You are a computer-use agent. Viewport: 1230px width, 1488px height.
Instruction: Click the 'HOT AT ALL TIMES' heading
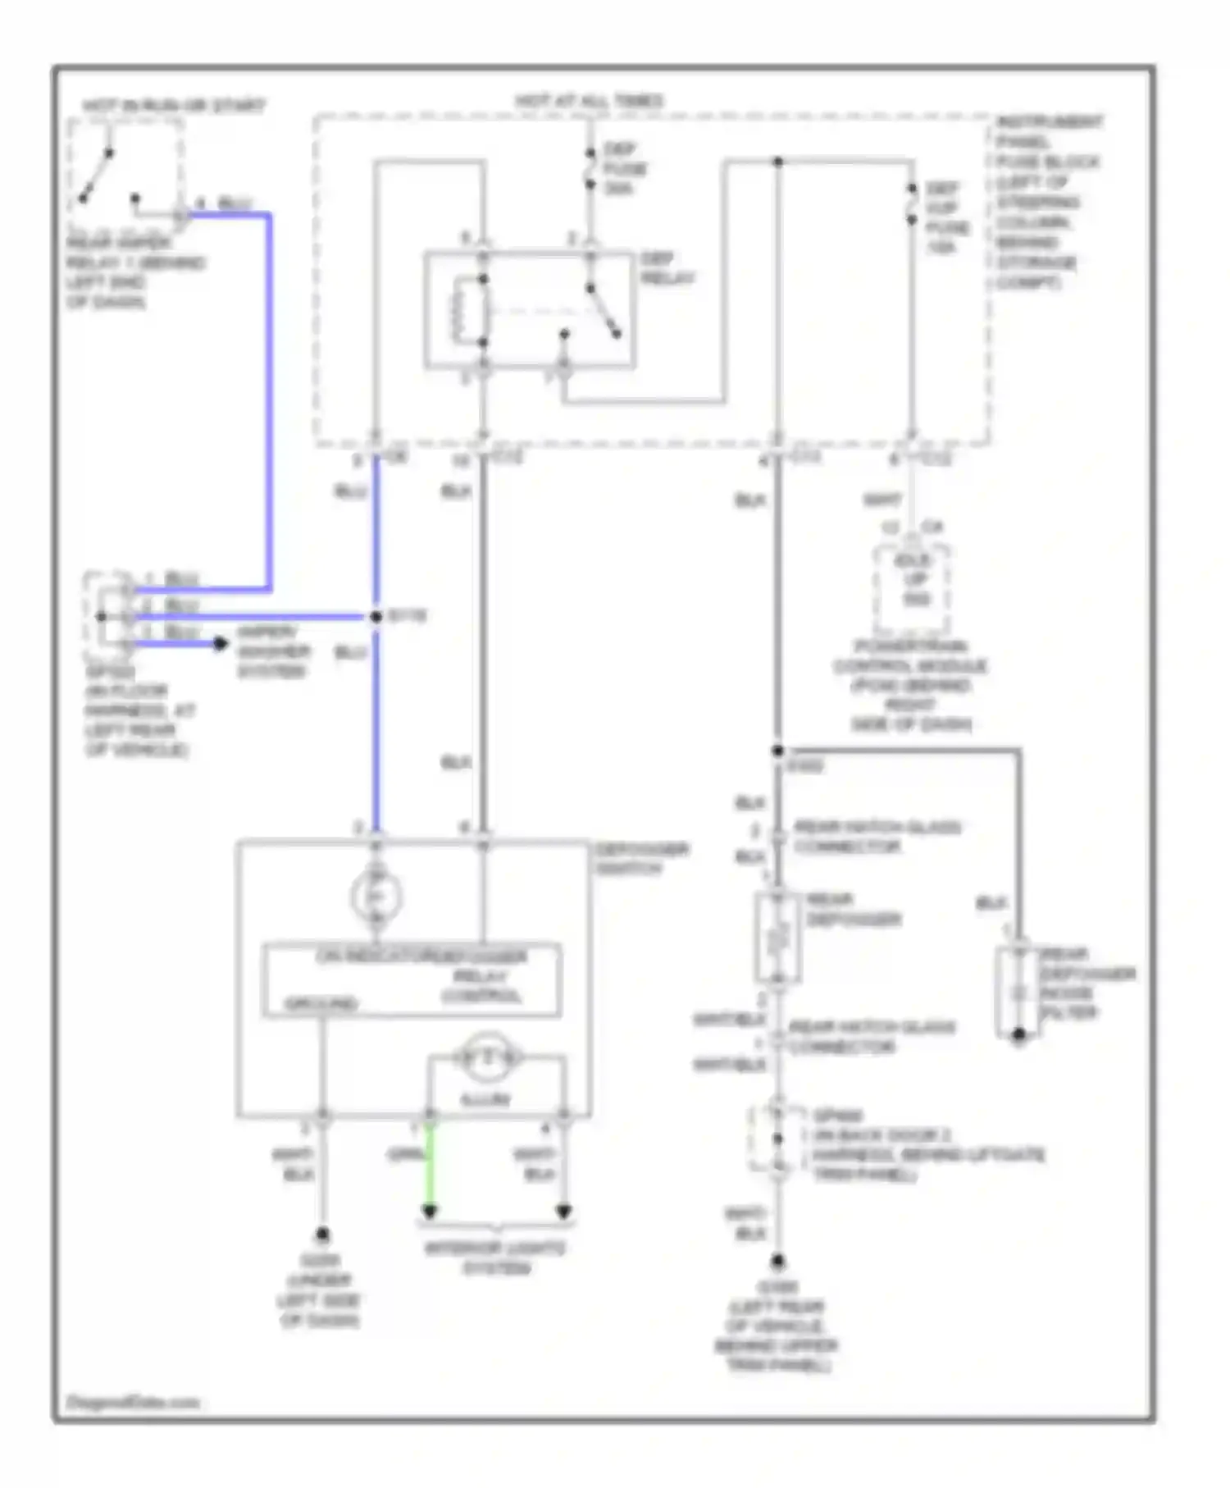[x=589, y=101]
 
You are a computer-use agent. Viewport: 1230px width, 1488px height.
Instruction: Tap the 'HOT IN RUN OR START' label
[x=173, y=106]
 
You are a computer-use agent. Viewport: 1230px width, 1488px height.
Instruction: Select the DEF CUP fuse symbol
[x=911, y=204]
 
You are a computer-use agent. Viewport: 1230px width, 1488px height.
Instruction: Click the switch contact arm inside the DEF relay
[x=603, y=311]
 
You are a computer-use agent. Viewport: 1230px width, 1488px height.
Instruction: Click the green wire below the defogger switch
[x=429, y=1165]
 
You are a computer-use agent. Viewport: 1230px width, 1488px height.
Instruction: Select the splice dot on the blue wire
[x=376, y=616]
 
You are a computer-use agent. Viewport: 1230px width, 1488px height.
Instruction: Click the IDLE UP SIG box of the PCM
[x=912, y=580]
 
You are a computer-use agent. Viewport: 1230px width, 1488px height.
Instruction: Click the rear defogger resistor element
[x=777, y=937]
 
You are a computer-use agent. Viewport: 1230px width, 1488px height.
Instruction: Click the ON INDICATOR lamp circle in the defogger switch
[x=376, y=896]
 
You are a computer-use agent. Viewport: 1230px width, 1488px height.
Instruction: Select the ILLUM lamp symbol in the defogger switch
[x=488, y=1057]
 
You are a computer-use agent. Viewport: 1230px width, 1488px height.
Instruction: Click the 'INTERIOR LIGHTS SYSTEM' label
[x=495, y=1257]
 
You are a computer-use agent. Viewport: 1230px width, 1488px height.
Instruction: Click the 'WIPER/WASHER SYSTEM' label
[x=272, y=651]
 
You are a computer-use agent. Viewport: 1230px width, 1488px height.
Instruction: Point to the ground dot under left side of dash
[x=322, y=1234]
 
